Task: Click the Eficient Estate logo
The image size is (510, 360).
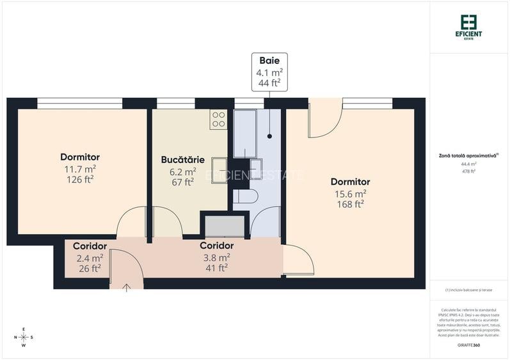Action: (470, 26)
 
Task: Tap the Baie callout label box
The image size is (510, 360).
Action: (269, 72)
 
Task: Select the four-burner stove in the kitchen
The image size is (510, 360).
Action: (218, 120)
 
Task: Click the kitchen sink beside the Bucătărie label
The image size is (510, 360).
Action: (219, 170)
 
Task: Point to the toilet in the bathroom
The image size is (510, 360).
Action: (245, 196)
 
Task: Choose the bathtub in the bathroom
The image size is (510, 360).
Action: (244, 134)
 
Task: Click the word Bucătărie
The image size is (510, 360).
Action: (182, 159)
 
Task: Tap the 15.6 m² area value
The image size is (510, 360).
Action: (350, 193)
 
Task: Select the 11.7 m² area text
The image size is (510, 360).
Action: (79, 168)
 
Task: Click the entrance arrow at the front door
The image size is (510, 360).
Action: (126, 287)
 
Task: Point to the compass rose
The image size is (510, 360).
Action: (24, 337)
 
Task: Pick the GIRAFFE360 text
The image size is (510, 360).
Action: (469, 345)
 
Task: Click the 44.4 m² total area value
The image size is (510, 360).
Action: (469, 163)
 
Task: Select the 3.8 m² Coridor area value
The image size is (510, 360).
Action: (216, 256)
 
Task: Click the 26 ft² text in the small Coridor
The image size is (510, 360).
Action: (89, 269)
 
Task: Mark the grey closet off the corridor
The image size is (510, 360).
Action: (224, 226)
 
